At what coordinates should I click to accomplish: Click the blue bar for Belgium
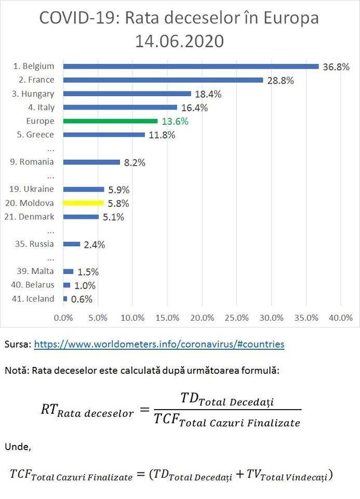point(191,67)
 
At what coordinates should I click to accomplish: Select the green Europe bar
point(110,121)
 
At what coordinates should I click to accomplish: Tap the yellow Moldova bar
point(83,203)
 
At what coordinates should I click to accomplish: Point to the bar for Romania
point(91,162)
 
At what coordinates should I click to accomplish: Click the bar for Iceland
point(65,299)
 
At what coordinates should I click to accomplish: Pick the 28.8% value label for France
point(281,81)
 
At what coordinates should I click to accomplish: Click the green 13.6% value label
point(175,122)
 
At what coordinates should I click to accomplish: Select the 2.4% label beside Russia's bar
point(94,244)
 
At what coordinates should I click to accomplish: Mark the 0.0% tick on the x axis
point(64,318)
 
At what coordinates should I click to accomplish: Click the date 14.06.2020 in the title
point(179,41)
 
